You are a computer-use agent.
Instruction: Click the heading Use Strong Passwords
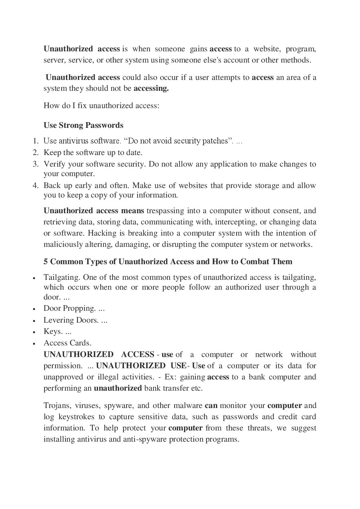point(83,125)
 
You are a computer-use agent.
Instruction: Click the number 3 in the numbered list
point(35,164)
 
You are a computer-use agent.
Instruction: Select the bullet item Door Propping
point(74,308)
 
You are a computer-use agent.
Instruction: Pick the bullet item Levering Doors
point(75,320)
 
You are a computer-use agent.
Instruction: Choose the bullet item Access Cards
point(67,343)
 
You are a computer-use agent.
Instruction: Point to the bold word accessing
point(151,88)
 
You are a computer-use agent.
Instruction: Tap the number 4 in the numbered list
point(35,186)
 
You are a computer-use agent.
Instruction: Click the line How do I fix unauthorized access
point(101,105)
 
